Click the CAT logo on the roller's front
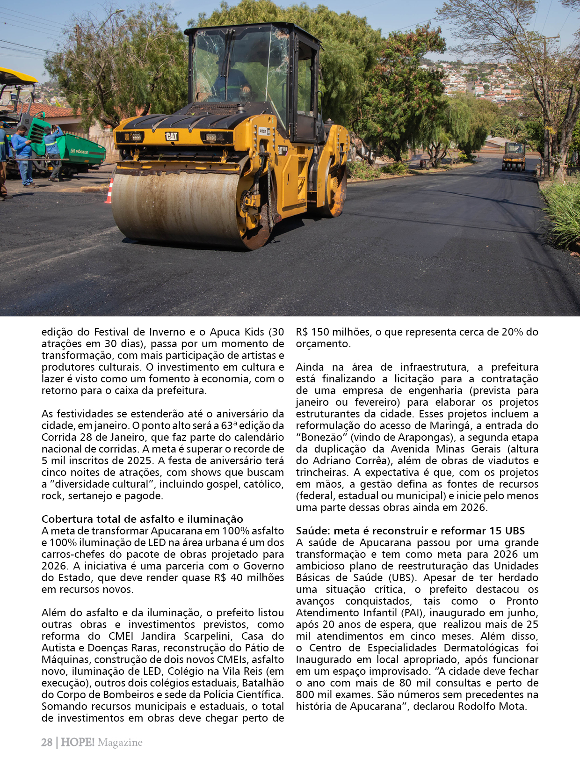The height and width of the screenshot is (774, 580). point(172,136)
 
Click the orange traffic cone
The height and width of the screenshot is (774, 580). point(109,192)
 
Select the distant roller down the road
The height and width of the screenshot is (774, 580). point(514,157)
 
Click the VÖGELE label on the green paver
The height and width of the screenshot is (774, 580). point(80,152)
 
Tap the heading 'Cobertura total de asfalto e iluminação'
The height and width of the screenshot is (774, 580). point(142,519)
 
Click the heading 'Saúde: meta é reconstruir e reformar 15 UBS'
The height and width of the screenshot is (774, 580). point(410,531)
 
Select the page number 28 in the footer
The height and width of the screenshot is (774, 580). point(47,742)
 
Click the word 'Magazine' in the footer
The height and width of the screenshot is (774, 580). point(120,742)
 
